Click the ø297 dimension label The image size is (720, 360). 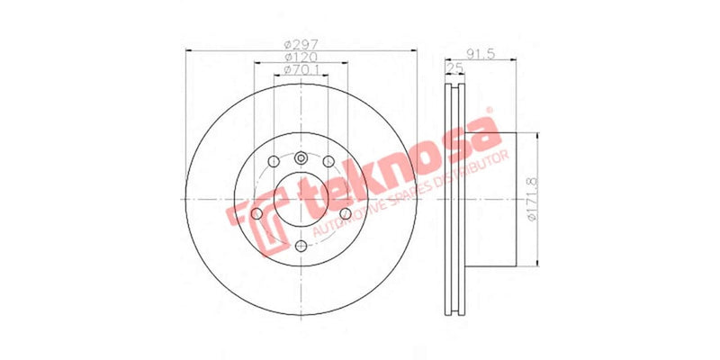coord(300,44)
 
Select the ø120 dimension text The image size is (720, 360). coord(300,57)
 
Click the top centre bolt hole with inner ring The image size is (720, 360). coord(301,160)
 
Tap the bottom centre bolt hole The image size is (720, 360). coord(301,244)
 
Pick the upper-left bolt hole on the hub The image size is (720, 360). coord(272,162)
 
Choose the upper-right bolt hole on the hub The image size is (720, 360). coord(329,162)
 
